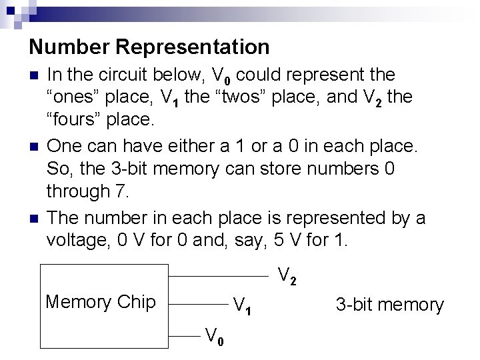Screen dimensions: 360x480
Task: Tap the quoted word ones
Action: [x=73, y=97]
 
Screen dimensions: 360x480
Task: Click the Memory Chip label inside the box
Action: [x=100, y=302]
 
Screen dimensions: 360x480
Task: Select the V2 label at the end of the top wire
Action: [x=287, y=275]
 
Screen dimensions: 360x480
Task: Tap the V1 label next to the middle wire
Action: [x=242, y=307]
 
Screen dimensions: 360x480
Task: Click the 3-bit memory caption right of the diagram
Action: [x=389, y=305]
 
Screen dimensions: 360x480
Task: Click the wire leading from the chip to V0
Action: [x=183, y=337]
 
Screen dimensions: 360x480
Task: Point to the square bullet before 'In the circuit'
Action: [x=34, y=75]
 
